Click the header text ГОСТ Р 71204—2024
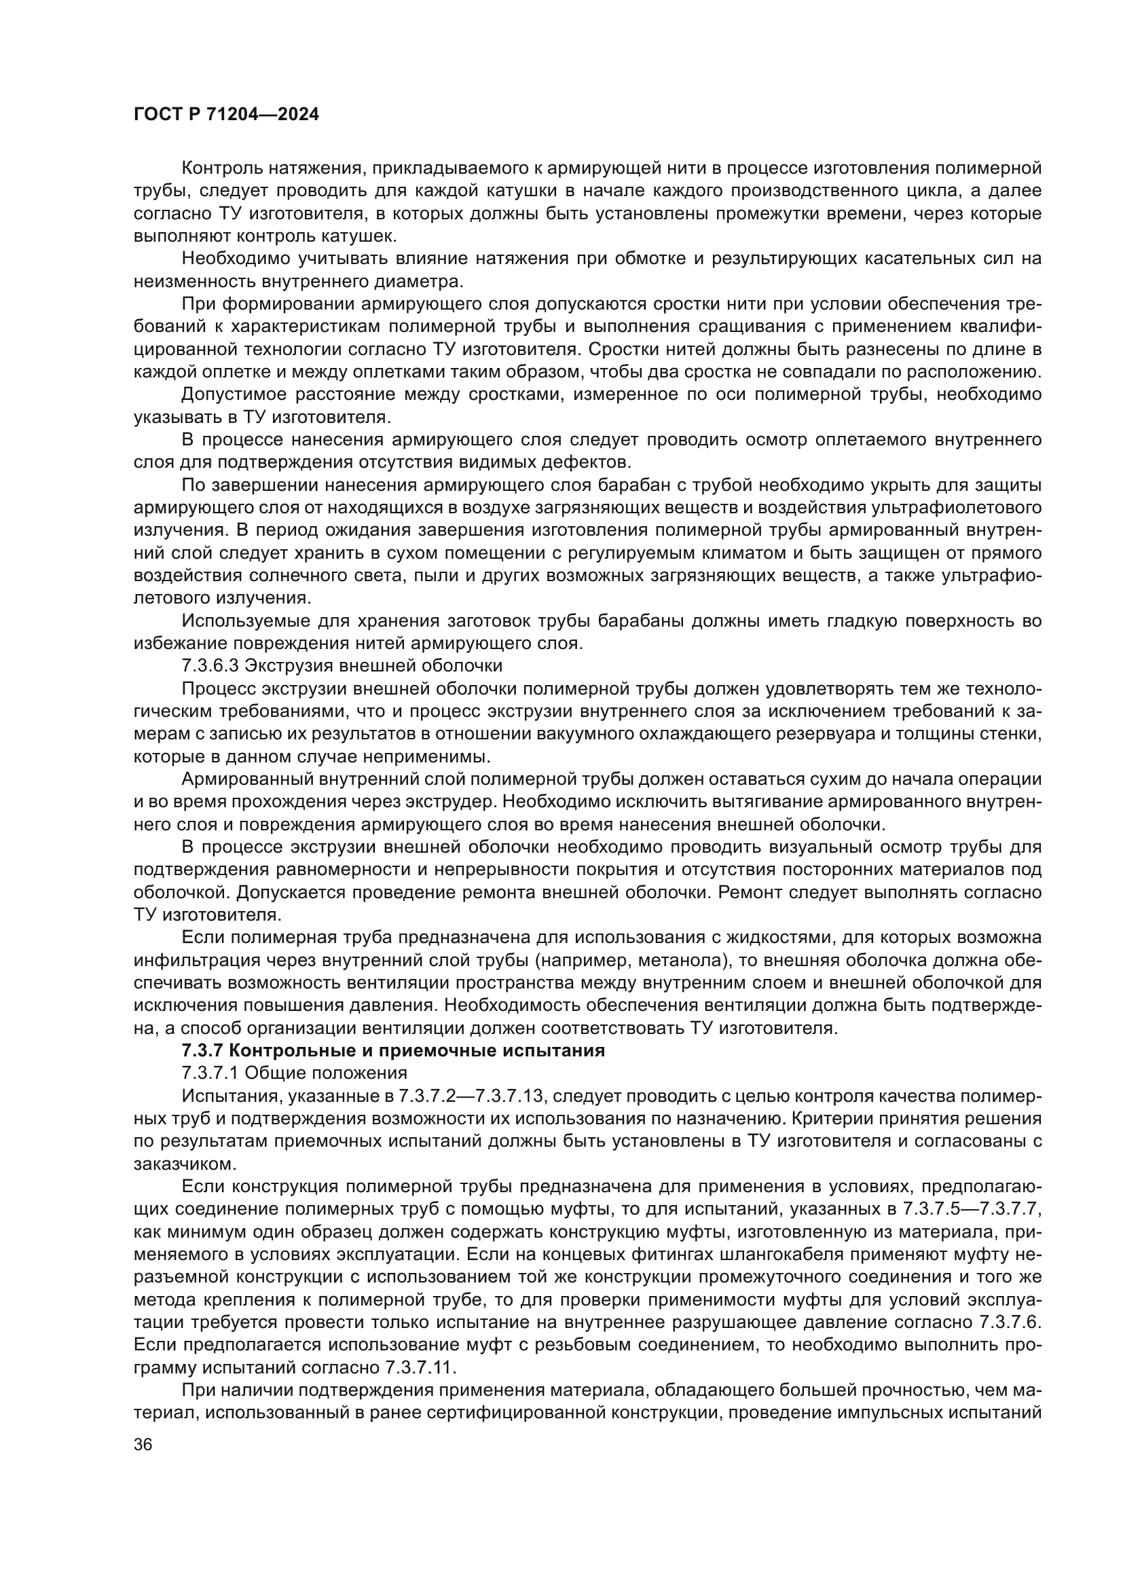(x=226, y=115)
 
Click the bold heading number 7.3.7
(x=202, y=1050)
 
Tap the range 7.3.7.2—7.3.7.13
(x=474, y=1096)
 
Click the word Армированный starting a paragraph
(x=240, y=779)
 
